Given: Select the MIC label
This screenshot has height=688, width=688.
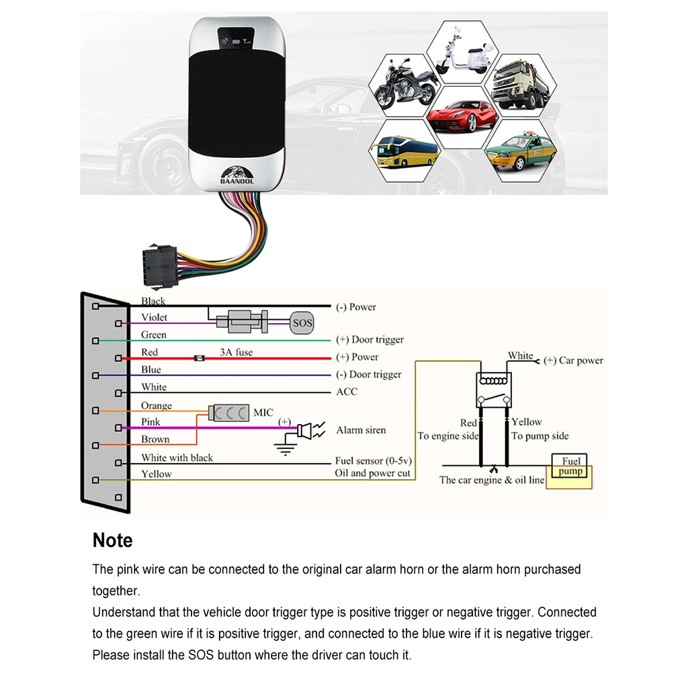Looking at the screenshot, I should coord(263,413).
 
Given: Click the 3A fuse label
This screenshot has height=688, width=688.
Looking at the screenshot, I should coord(236,352).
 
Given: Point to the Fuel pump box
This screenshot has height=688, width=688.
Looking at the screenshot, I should coord(571,466).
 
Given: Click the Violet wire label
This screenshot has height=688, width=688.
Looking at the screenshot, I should coord(155,317).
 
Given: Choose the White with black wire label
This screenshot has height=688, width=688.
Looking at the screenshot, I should coord(177,458).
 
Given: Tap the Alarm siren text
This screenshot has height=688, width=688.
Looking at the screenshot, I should coord(361,430).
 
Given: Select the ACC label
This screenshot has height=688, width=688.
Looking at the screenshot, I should coord(347,392).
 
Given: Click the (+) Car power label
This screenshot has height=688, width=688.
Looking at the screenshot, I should coord(573,361).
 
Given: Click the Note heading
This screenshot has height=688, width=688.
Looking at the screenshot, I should coord(113,540).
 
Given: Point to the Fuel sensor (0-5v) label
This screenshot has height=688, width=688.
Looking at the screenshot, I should coord(373,462).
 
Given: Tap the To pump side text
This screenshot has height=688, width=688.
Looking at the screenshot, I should coord(540,436).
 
